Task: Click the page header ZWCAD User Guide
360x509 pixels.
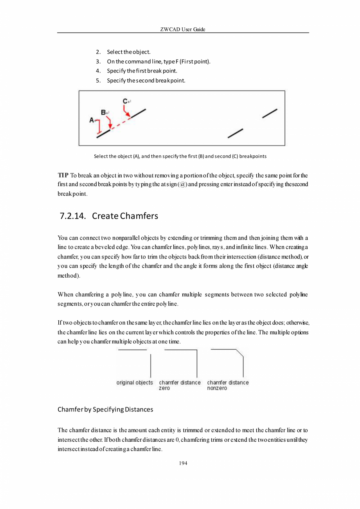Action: pyautogui.click(x=183, y=29)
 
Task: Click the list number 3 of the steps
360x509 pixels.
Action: pyautogui.click(x=99, y=61)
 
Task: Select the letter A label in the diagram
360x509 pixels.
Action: pyautogui.click(x=92, y=120)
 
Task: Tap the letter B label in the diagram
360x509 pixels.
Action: pyautogui.click(x=103, y=112)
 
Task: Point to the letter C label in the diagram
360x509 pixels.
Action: pyautogui.click(x=125, y=101)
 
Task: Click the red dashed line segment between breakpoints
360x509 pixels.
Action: pyautogui.click(x=119, y=123)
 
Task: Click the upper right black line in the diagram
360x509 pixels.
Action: pyautogui.click(x=270, y=113)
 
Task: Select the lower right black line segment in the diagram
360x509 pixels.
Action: pyautogui.click(x=235, y=133)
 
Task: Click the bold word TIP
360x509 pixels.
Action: pyautogui.click(x=63, y=175)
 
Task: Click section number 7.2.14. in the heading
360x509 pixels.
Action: pyautogui.click(x=72, y=216)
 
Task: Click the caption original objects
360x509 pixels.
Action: pyautogui.click(x=135, y=383)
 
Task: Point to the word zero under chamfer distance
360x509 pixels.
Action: pyautogui.click(x=164, y=388)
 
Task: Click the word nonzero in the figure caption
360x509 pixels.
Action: pyautogui.click(x=217, y=388)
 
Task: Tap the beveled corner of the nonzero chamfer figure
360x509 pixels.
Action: pyautogui.click(x=240, y=353)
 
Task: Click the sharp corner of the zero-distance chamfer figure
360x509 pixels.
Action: pyautogui.click(x=196, y=350)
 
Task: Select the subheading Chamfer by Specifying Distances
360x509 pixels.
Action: pyautogui.click(x=105, y=410)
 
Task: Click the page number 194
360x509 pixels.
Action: pyautogui.click(x=183, y=463)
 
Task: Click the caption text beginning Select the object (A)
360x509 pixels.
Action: pyautogui.click(x=180, y=156)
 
